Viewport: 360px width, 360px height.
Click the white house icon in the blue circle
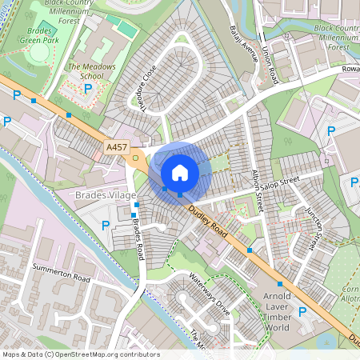click(180, 172)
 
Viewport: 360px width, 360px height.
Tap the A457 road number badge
click(117, 148)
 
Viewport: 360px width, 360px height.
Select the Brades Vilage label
click(106, 195)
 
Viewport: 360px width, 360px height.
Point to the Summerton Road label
click(62, 272)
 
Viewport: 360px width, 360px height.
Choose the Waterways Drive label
click(209, 291)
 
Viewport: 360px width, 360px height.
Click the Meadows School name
click(90, 72)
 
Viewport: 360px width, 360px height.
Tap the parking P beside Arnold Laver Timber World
click(302, 311)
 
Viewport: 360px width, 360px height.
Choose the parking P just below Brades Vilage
click(106, 226)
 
